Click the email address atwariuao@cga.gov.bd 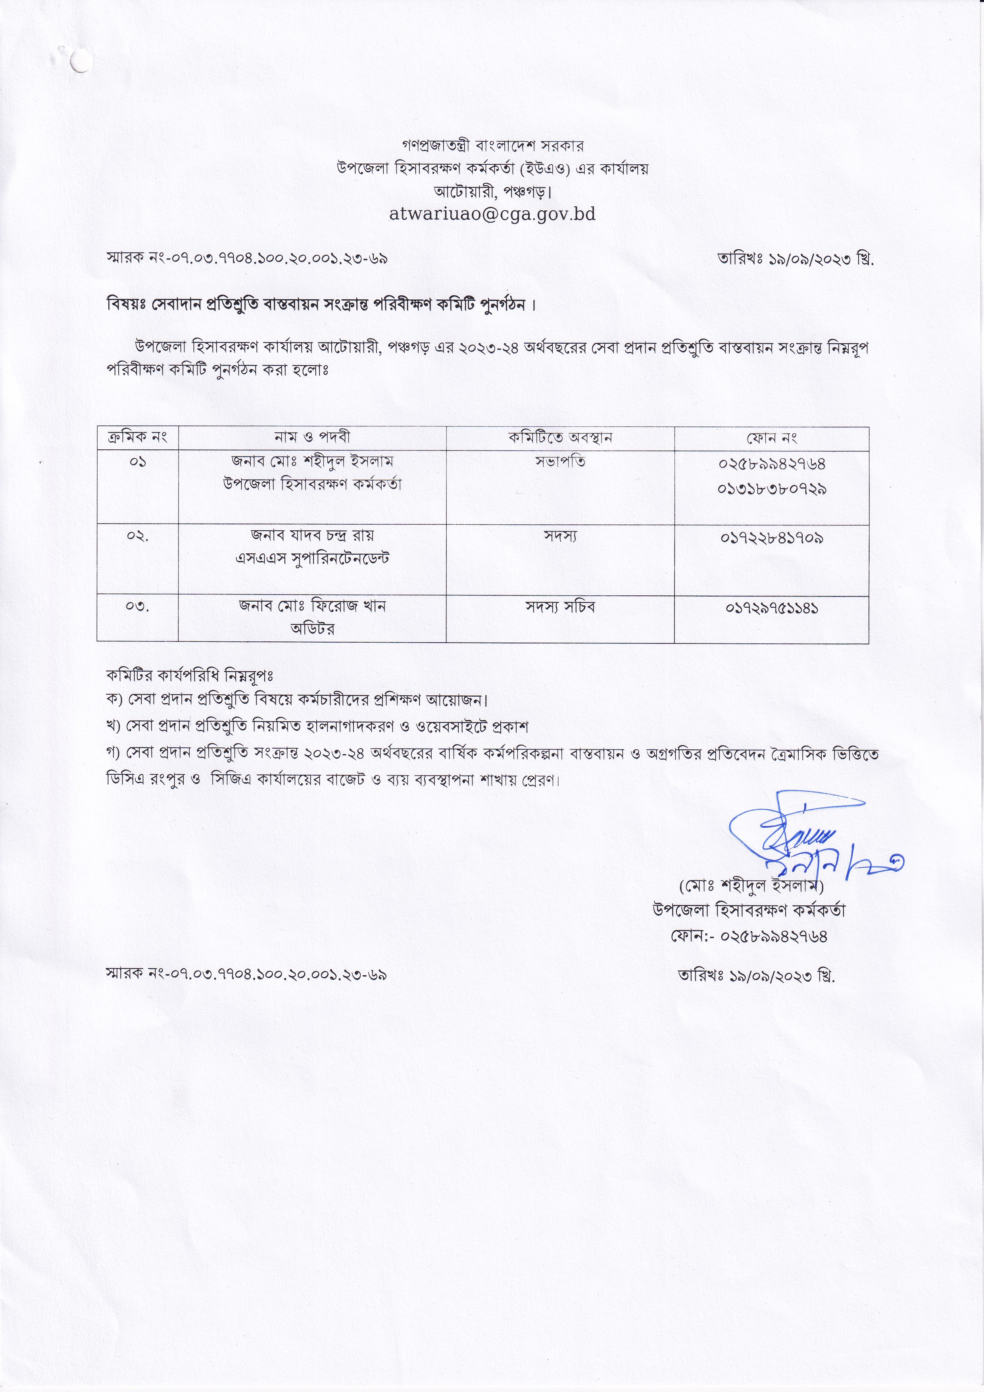pos(492,214)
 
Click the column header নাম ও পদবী pos(312,437)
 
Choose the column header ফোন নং pos(771,437)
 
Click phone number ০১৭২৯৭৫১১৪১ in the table pos(771,607)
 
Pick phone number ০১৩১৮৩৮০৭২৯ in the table pos(771,488)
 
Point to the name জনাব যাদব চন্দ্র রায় pos(312,536)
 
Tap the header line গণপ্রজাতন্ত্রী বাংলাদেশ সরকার pos(492,146)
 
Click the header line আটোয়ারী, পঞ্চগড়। pos(492,192)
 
